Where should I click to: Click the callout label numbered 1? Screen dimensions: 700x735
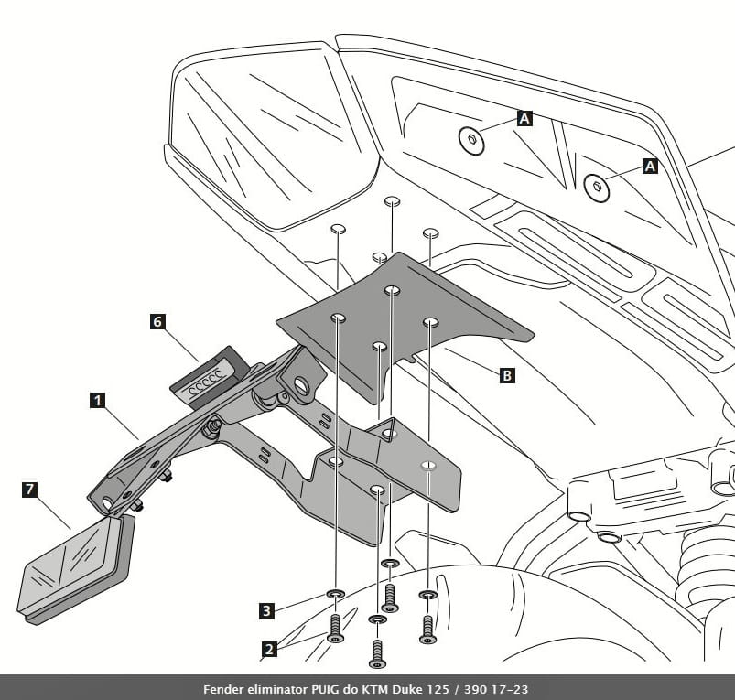click(x=97, y=399)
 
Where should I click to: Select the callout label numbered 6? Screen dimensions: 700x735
click(x=157, y=322)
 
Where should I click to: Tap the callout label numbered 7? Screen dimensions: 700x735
click(x=30, y=490)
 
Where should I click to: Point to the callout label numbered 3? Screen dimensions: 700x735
click(x=266, y=610)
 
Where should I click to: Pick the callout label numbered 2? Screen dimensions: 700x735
click(x=268, y=650)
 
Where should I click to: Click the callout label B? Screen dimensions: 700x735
click(x=507, y=374)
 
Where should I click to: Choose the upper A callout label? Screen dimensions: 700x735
click(x=524, y=118)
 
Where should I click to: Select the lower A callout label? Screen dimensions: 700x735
click(x=650, y=166)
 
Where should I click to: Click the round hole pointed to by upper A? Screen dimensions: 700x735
click(x=471, y=140)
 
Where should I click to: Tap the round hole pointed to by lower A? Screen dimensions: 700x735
click(x=597, y=187)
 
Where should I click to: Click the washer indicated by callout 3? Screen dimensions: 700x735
click(x=335, y=595)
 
